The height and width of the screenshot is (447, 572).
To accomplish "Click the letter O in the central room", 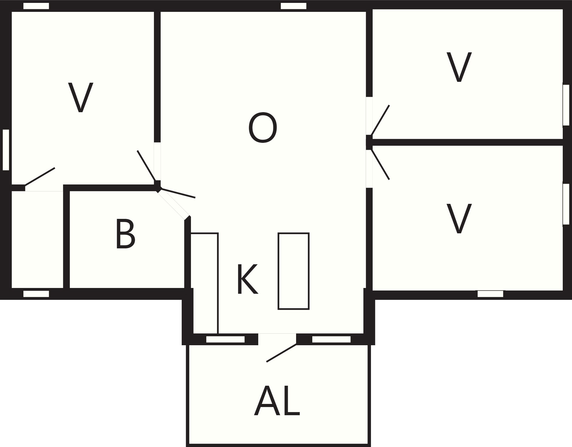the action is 263,128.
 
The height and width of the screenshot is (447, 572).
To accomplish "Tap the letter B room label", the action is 125,234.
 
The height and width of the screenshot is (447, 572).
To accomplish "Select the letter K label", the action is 247,279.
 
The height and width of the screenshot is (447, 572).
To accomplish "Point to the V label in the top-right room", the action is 459,67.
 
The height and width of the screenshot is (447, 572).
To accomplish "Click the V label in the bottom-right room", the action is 459,218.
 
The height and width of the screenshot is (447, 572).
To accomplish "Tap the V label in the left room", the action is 81,97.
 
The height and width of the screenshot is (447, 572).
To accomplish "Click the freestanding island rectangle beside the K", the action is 294,271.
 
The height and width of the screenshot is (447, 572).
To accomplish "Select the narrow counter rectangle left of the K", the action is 204,283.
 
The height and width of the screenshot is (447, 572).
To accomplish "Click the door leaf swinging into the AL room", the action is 281,353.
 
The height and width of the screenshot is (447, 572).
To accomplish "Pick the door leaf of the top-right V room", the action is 380,120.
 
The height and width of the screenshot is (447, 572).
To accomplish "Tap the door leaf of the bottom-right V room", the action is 380,165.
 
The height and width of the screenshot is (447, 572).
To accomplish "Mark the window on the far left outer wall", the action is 6,150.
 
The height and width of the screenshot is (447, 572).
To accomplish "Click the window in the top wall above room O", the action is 294,6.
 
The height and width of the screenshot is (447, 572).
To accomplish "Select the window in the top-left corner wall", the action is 36,6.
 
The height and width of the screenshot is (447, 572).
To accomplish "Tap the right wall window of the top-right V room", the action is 566,105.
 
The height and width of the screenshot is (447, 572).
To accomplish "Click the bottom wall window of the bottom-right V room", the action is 490,294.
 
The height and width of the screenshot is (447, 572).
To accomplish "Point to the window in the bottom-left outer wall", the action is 36,294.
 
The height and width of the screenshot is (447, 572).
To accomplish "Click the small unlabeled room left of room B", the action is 37,239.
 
